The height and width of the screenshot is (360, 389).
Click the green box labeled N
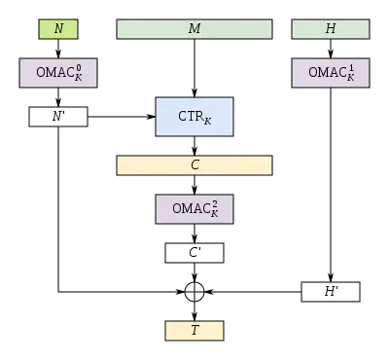pos(58,29)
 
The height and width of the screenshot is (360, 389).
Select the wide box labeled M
pos(194,29)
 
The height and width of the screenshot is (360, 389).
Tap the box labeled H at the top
pos(331,29)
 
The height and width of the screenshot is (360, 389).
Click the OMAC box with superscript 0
pos(58,72)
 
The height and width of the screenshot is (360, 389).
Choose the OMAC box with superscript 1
pos(331,72)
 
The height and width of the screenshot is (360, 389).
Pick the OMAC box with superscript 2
pos(194,209)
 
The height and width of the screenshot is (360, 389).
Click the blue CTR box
pos(194,117)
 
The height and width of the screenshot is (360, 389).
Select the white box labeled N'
pos(58,118)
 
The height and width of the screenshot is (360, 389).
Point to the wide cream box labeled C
pos(194,165)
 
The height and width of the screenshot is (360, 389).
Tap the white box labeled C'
pos(194,253)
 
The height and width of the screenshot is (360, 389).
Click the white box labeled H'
pos(331,292)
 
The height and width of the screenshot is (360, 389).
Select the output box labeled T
pos(194,331)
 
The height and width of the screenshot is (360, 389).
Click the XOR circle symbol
pos(194,292)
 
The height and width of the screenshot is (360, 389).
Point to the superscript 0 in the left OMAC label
pos(79,67)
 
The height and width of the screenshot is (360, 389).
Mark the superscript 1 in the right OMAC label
pos(351,67)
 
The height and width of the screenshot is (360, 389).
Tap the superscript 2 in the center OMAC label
pos(216,204)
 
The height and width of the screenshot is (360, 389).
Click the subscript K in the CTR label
pos(207,122)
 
